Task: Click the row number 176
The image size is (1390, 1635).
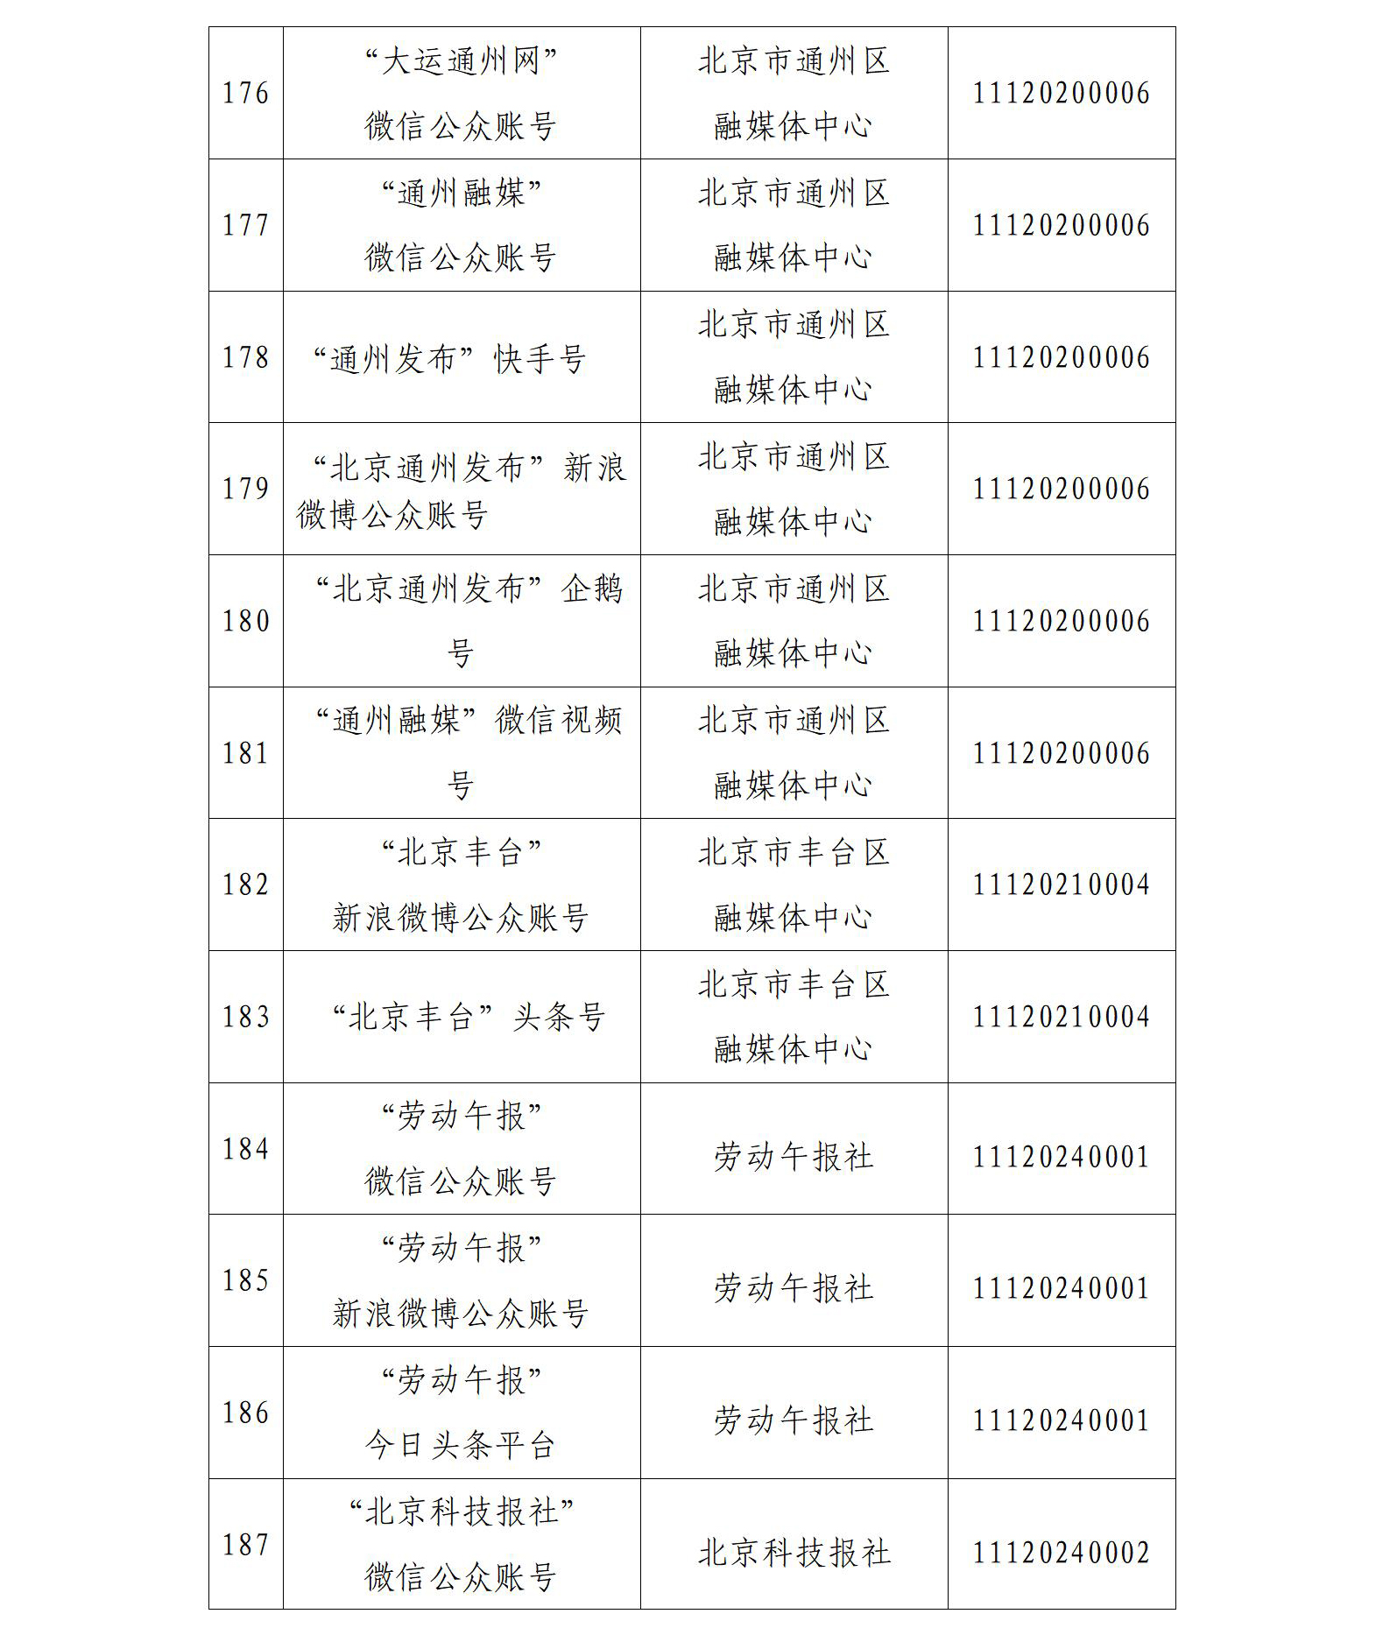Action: point(245,93)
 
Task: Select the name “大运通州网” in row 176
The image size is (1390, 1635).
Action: point(461,62)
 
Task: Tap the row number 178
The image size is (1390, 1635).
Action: point(245,357)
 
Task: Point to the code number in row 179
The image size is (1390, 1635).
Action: point(1061,489)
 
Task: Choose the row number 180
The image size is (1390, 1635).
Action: point(245,621)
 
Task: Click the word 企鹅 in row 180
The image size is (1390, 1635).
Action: point(592,588)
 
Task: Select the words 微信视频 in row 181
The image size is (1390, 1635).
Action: point(559,721)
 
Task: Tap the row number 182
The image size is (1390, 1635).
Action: point(245,884)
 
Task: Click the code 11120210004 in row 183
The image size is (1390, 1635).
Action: point(1061,1017)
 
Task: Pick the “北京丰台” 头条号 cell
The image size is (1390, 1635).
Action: point(469,1017)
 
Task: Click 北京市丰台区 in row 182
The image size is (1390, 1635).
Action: point(794,852)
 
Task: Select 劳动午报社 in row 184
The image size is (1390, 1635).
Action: point(794,1157)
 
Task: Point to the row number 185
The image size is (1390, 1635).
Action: point(245,1280)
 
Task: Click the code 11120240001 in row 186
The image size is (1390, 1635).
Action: point(1061,1420)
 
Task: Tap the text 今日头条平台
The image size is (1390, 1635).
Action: point(461,1445)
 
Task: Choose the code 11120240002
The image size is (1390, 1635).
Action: point(1061,1553)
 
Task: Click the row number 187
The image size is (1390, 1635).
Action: point(245,1545)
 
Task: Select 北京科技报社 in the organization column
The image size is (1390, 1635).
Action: point(794,1553)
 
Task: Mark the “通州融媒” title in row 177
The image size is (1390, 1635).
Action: point(461,194)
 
